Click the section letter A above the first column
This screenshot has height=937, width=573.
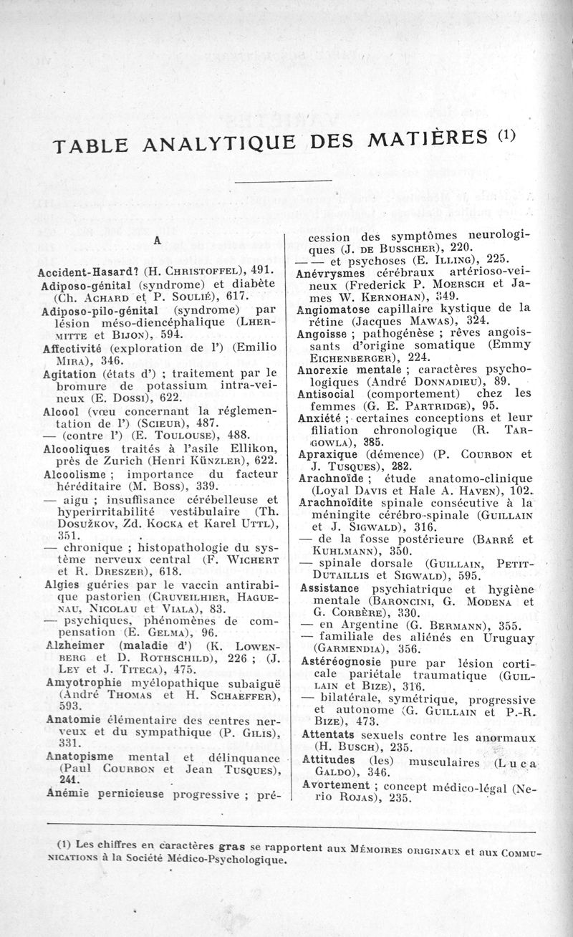pos(155,241)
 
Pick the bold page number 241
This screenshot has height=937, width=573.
pos(69,779)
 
